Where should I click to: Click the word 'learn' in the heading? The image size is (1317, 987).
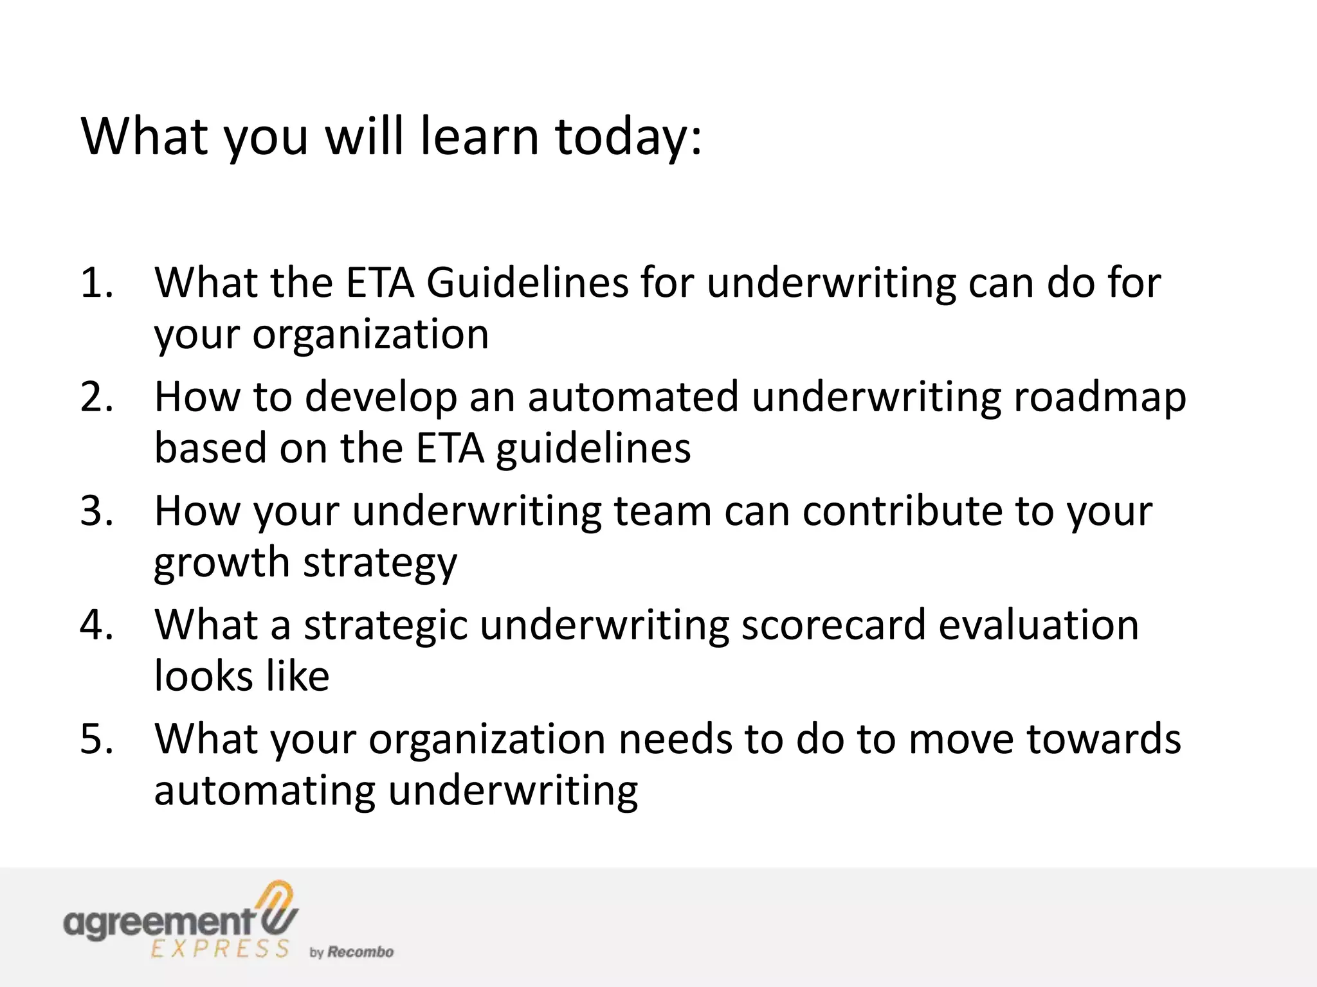click(478, 137)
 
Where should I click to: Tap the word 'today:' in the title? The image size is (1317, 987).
click(628, 137)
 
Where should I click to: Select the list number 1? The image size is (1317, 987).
click(96, 283)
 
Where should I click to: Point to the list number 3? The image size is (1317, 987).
click(96, 511)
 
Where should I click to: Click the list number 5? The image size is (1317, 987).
click(96, 739)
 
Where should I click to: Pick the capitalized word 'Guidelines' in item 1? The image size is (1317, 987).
click(527, 283)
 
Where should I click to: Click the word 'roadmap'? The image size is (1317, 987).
click(1100, 397)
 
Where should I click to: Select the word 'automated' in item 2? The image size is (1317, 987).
click(633, 397)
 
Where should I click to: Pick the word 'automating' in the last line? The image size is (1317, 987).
click(264, 791)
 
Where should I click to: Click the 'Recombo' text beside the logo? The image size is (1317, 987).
click(360, 952)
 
